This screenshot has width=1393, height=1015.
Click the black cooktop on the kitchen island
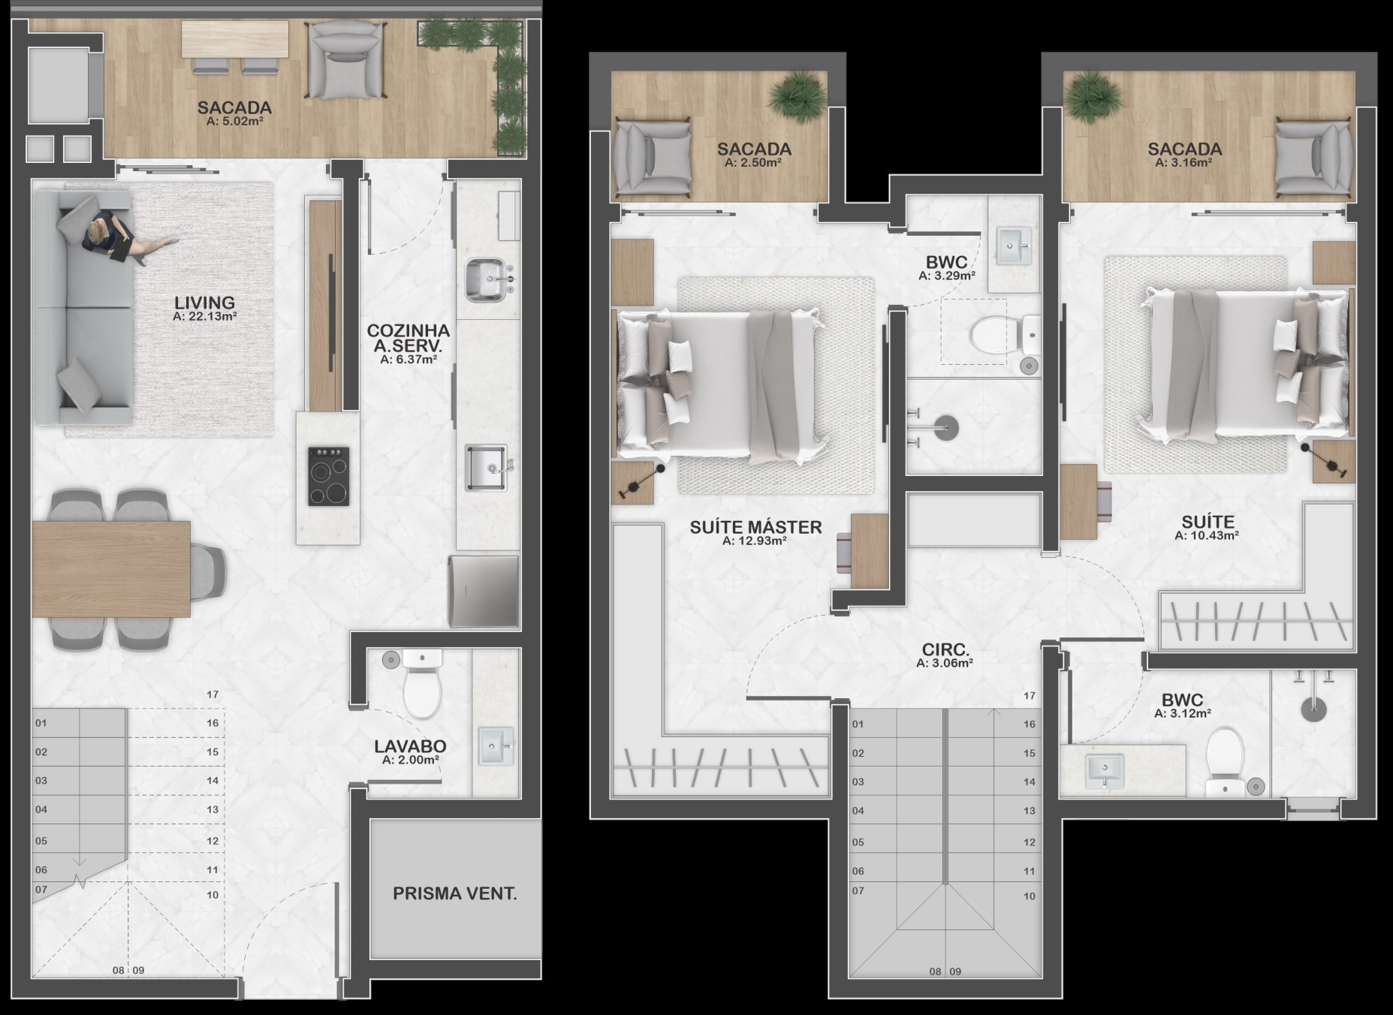(329, 476)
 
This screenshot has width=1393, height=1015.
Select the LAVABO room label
(410, 746)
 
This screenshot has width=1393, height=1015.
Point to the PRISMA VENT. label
(455, 893)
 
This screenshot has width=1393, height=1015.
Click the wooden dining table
(111, 568)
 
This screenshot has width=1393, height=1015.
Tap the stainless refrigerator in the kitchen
(484, 591)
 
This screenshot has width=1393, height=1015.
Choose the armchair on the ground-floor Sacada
(344, 59)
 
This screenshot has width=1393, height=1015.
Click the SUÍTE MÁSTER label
(755, 527)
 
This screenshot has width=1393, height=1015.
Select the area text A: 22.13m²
(205, 317)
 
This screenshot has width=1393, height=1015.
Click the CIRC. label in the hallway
(945, 649)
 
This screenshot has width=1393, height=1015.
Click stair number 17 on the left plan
(213, 694)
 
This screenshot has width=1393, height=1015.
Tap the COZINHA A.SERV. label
(409, 339)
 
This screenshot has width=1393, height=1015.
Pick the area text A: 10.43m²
(1207, 535)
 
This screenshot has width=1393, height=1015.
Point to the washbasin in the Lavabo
(496, 746)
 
